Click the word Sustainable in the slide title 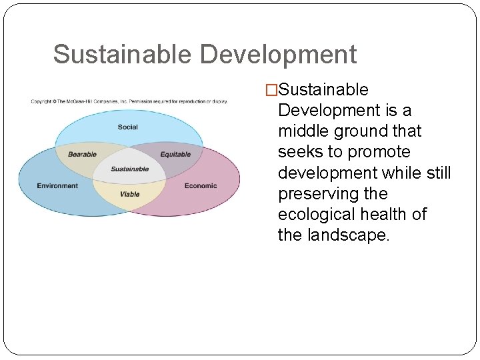123,55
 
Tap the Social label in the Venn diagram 127,127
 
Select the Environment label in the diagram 57,186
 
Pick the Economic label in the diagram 201,186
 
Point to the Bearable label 82,155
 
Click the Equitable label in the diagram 175,155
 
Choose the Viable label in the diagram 129,194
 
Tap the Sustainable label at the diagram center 129,169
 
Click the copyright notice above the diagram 129,101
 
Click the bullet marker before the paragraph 271,90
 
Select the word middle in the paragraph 303,131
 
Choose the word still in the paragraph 437,173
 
